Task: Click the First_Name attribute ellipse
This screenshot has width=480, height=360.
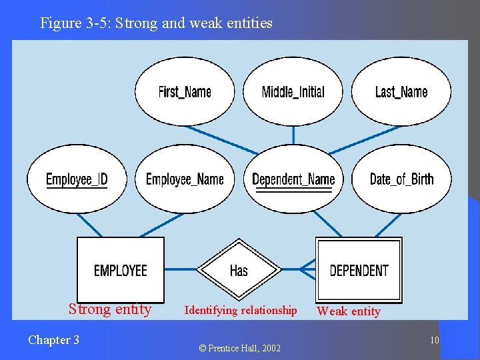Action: (185, 91)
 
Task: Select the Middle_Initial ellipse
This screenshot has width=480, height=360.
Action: (293, 91)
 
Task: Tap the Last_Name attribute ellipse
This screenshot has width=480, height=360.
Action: (401, 91)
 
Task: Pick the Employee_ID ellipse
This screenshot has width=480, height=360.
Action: (77, 179)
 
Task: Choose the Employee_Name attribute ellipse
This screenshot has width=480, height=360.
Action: (185, 179)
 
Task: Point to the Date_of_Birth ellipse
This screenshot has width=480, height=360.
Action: (401, 179)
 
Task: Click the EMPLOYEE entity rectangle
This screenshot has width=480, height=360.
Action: (121, 270)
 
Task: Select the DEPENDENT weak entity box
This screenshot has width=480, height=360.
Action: (359, 270)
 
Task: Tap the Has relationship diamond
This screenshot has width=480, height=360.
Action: (239, 270)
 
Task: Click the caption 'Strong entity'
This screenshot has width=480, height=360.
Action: (110, 309)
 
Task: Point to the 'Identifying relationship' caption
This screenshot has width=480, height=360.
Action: (241, 310)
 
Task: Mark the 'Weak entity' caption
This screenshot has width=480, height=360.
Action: (349, 311)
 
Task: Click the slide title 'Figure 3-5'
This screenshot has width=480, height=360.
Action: (156, 23)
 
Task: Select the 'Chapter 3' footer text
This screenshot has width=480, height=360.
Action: (53, 340)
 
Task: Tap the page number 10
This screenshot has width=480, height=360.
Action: (434, 341)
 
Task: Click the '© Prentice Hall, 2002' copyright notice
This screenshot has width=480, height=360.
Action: (240, 348)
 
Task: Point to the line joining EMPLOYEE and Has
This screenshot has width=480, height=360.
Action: (180, 269)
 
